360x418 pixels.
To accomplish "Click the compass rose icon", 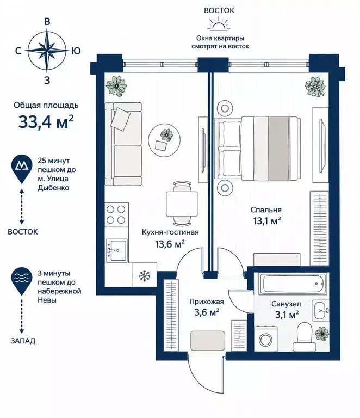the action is [47, 51].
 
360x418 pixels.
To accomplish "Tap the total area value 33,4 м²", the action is [46, 121].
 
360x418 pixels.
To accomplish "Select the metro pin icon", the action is [22, 169].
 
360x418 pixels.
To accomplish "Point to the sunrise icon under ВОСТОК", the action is [219, 23].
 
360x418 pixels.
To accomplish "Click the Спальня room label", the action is [266, 210].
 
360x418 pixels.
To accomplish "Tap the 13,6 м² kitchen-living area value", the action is [170, 244].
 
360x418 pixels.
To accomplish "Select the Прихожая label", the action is [207, 302].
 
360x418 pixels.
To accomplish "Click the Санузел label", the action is [286, 304].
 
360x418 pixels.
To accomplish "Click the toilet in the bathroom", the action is [304, 337].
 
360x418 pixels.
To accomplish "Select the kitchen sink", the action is [116, 250].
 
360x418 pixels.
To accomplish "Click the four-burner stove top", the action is [116, 214].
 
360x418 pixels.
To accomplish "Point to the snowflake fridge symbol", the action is [145, 275].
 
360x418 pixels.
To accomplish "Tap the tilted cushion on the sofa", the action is [120, 119].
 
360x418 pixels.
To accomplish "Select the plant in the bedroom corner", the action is [315, 87].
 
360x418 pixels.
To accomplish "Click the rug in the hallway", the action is [208, 340].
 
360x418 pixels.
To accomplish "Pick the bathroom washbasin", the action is [321, 310].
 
